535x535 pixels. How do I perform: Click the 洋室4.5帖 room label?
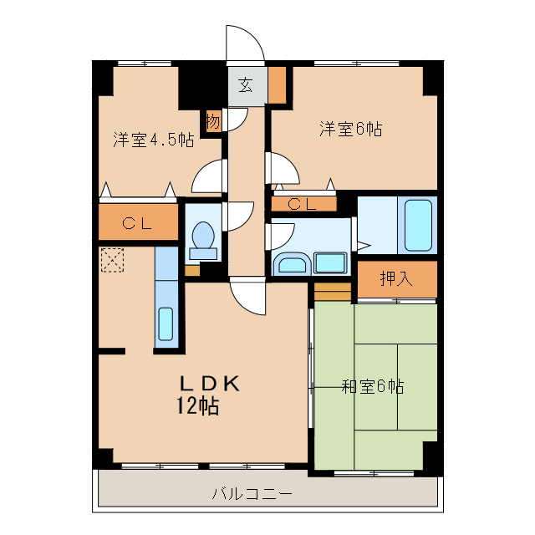(154, 140)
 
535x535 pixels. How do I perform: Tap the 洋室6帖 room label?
(350, 129)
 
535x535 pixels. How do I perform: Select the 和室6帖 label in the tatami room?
(373, 386)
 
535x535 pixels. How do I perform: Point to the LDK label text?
(211, 384)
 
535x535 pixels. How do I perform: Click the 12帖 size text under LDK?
(198, 407)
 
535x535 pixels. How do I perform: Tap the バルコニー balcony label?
(252, 494)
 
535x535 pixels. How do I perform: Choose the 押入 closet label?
(396, 279)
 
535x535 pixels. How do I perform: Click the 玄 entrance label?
(245, 84)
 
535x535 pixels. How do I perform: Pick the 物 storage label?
(213, 121)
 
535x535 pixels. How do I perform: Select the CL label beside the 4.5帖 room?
(138, 223)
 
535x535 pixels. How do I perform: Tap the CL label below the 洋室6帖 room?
(302, 203)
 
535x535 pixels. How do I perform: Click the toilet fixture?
(202, 237)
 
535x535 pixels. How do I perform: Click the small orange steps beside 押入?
(333, 293)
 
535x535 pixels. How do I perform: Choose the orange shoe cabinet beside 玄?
(277, 84)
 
